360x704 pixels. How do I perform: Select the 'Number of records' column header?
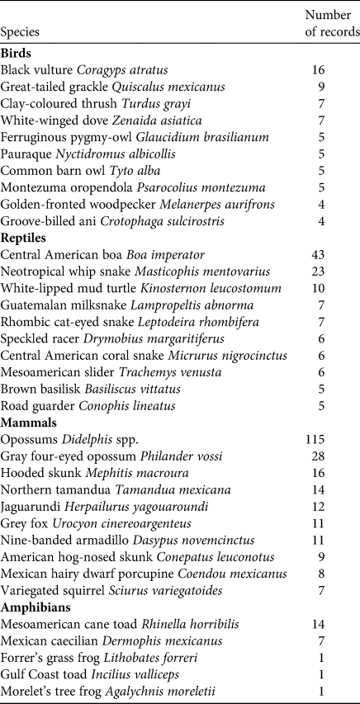[328, 24]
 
